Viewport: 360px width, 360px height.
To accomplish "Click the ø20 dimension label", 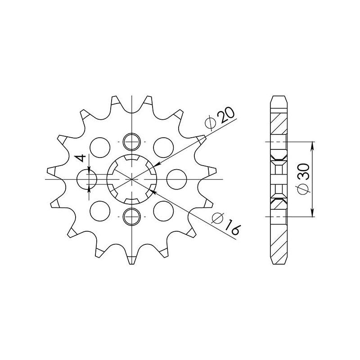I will tap(220, 118).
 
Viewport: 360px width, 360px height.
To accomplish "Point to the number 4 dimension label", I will tap(81, 158).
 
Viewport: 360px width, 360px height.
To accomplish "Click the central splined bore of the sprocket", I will tap(131, 179).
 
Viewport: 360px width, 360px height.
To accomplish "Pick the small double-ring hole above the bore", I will tap(131, 142).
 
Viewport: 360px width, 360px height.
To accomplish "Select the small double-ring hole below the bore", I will tap(131, 216).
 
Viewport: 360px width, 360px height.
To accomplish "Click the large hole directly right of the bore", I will tap(176, 179).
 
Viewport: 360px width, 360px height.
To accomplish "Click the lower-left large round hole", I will tap(100, 211).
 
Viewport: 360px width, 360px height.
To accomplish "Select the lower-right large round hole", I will tap(163, 211).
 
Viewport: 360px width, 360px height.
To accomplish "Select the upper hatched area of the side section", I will tap(279, 123).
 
